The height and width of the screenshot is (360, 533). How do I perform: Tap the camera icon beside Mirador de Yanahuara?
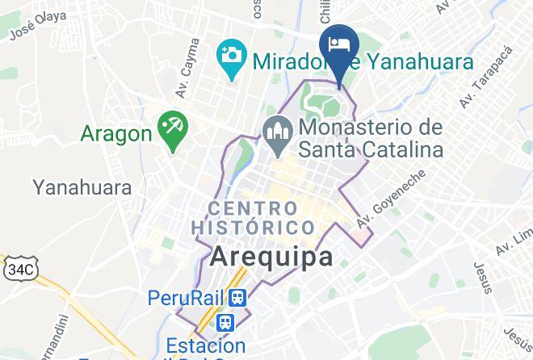tap(231, 56)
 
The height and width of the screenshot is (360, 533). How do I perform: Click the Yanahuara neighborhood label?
tap(82, 188)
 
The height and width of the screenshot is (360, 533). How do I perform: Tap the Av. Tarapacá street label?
tap(476, 89)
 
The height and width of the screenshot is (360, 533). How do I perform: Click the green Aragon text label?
tap(116, 132)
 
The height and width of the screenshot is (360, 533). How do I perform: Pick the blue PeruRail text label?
tap(185, 298)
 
